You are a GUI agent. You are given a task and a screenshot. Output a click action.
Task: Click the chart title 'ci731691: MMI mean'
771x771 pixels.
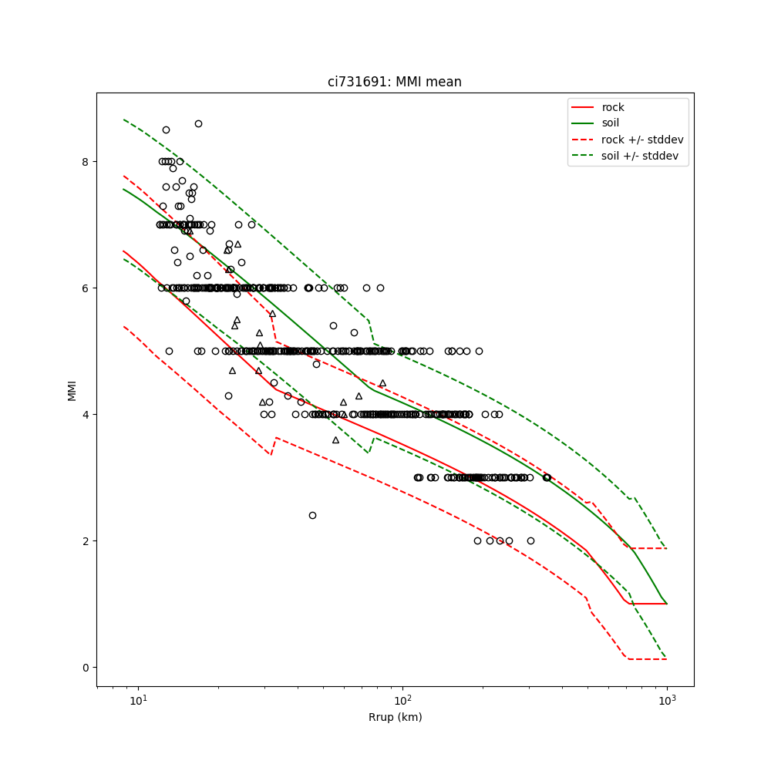(394, 82)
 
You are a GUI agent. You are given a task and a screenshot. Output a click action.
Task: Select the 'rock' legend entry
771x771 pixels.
(613, 107)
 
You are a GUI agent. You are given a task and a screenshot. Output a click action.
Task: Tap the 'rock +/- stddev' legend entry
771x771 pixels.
(642, 140)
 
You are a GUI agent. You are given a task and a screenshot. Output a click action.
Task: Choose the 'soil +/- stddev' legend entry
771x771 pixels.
(641, 155)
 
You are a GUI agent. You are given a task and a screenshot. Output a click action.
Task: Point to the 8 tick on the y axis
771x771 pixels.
(86, 161)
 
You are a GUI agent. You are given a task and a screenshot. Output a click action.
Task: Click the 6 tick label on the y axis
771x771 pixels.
(86, 288)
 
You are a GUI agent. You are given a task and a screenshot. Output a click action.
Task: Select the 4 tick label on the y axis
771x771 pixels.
(86, 414)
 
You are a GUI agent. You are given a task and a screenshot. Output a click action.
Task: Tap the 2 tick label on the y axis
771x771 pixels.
(86, 540)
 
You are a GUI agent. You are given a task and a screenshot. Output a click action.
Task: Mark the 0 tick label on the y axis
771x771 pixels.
(86, 667)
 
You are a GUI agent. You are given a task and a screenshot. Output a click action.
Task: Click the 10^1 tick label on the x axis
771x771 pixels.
(138, 700)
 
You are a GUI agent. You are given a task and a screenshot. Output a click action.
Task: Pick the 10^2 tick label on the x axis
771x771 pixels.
(402, 700)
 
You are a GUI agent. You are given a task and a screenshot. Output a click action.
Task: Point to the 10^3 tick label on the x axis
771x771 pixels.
(667, 700)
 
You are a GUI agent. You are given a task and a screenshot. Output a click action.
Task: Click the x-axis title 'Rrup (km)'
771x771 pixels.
(394, 717)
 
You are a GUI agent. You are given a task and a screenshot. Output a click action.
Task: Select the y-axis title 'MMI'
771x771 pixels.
(72, 389)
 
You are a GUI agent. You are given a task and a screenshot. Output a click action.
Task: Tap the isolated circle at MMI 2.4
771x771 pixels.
(312, 515)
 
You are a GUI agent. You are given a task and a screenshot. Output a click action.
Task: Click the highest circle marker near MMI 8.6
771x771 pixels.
(198, 123)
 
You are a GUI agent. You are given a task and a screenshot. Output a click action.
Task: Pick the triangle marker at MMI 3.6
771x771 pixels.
(335, 439)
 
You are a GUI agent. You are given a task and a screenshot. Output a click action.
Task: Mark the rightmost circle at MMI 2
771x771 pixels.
(530, 540)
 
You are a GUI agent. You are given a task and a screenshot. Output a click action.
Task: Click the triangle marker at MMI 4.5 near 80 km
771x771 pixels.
(382, 382)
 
